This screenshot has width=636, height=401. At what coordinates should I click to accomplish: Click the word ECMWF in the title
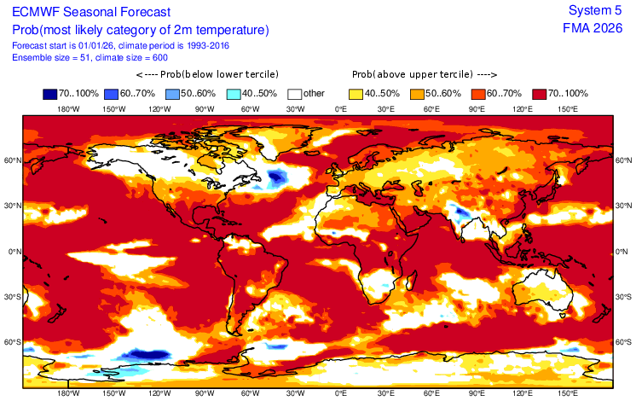pos(37,13)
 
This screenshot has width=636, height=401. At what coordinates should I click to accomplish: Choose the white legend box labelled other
pos(296,93)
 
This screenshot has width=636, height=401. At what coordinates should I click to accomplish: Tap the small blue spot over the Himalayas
pos(460,210)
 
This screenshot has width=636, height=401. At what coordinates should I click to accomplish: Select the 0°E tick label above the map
pos(340,109)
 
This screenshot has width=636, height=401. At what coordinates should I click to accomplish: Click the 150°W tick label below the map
pos(113,394)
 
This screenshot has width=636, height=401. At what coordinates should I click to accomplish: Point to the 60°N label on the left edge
pos(12,160)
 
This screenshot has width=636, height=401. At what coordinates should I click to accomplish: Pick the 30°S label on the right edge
pos(623,297)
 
